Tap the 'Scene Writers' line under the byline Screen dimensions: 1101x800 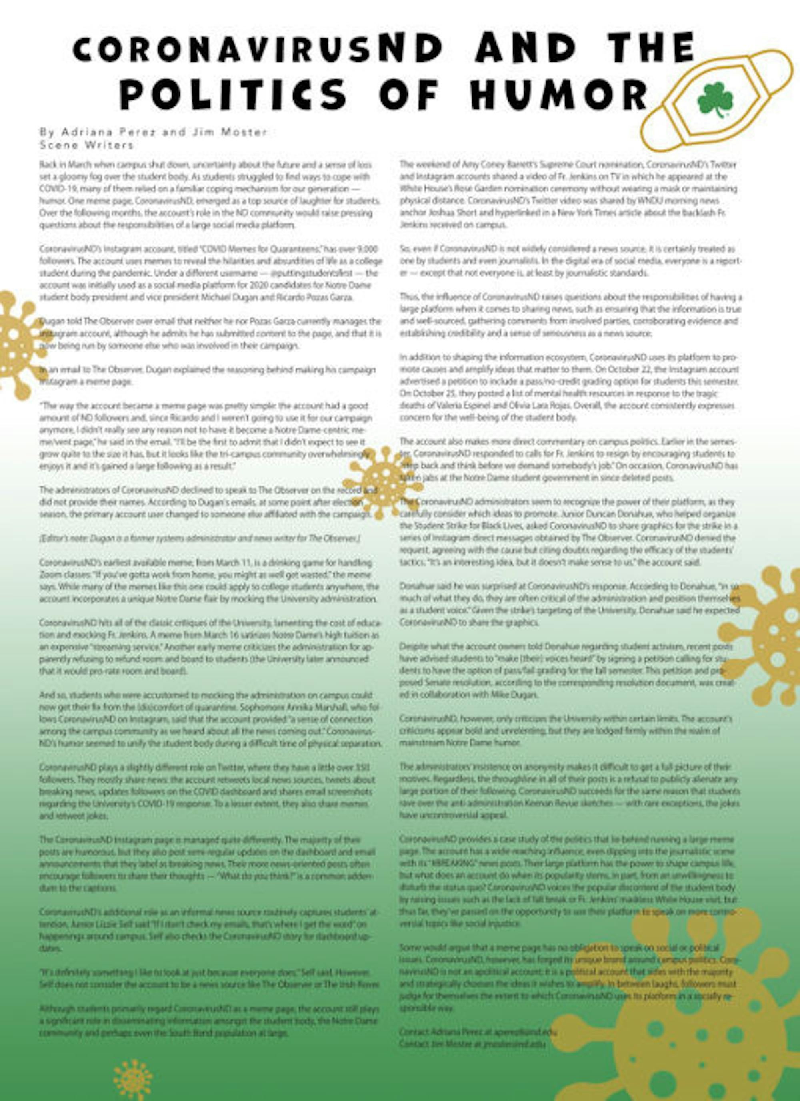click(87, 145)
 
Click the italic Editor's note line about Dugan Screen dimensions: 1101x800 click(199, 538)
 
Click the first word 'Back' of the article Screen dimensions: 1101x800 click(46, 165)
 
